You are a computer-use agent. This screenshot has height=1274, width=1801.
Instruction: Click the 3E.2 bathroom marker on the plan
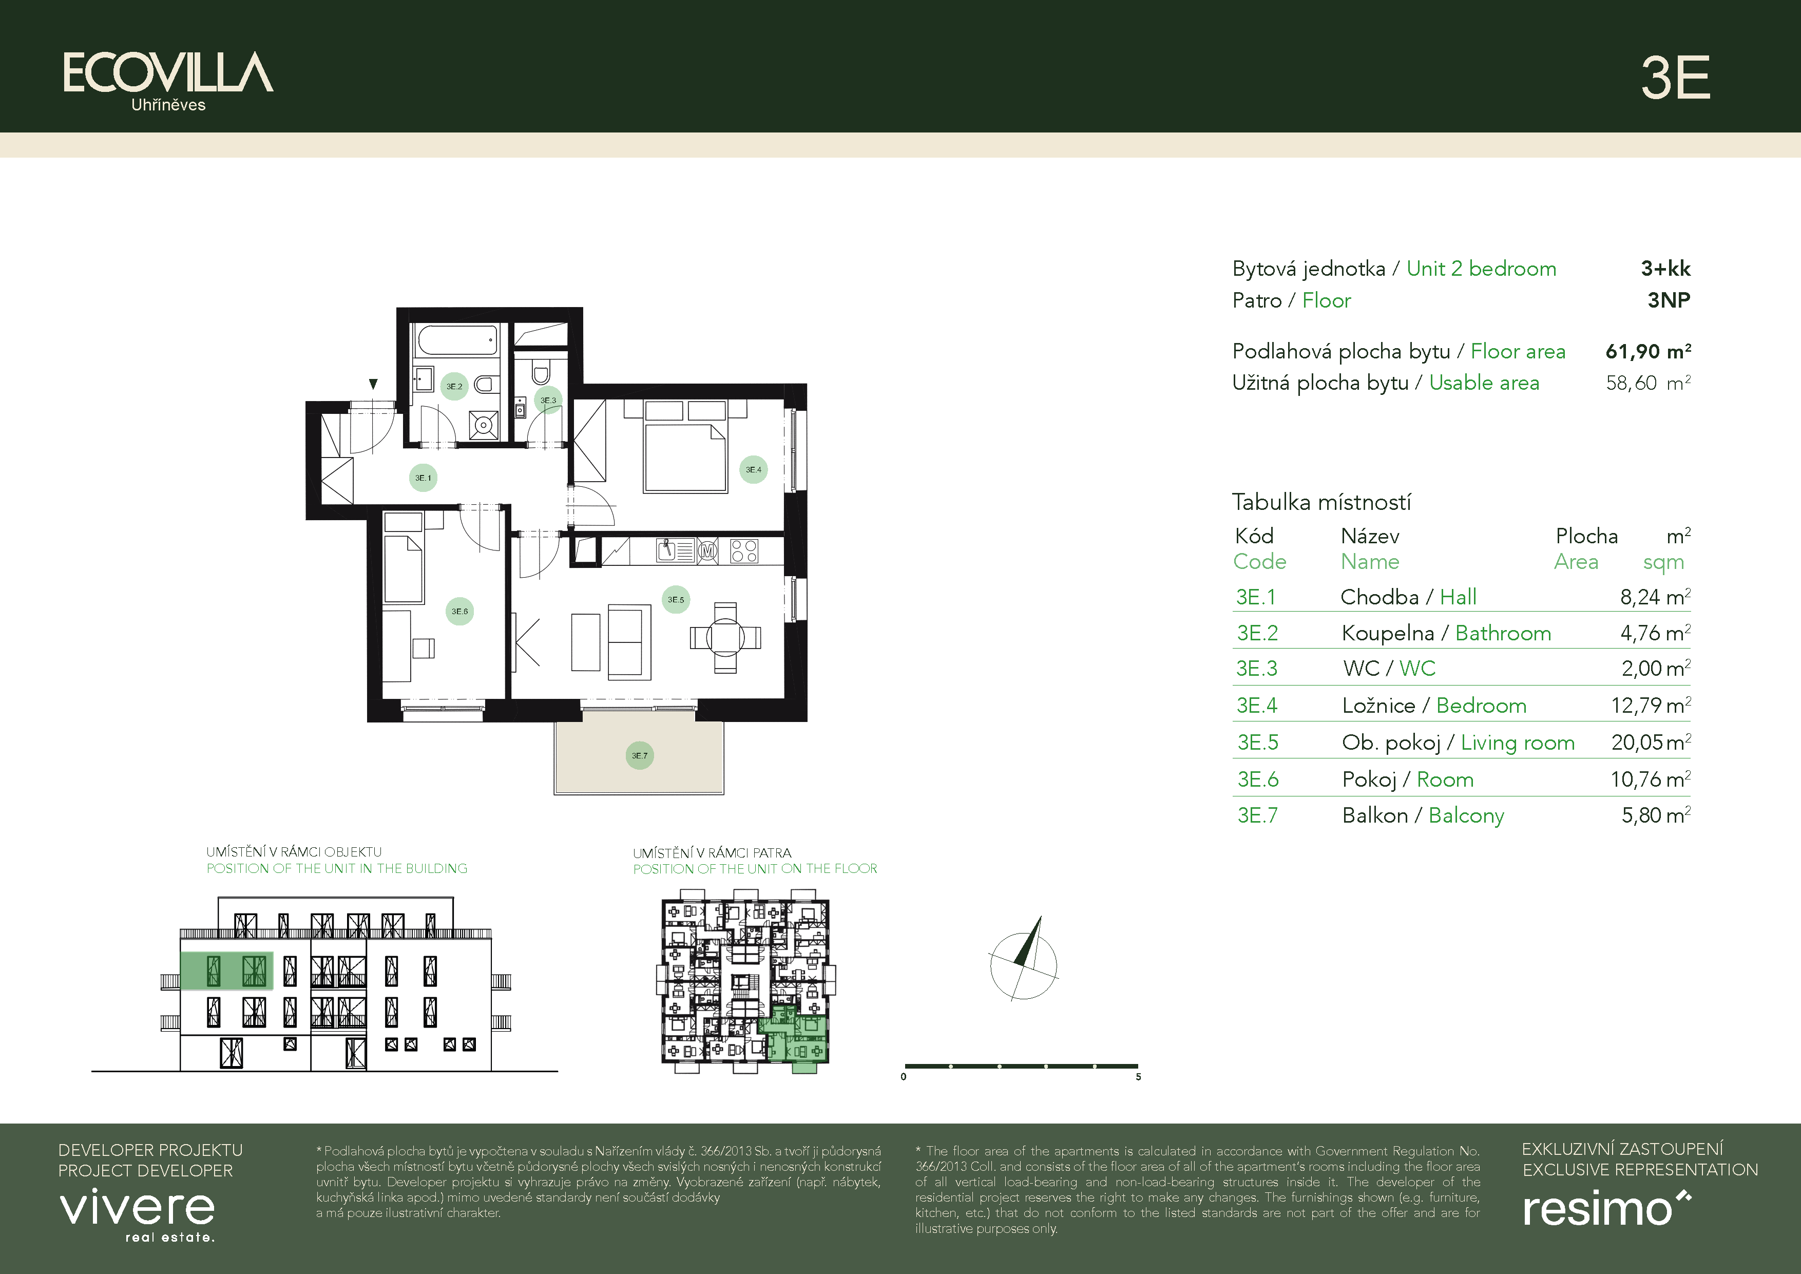pyautogui.click(x=454, y=386)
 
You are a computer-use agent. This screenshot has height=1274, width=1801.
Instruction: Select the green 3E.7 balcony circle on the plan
pyautogui.click(x=639, y=755)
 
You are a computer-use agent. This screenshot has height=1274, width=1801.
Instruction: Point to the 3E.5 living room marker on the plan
pyautogui.click(x=676, y=599)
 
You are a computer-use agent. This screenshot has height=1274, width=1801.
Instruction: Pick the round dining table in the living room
pyautogui.click(x=725, y=637)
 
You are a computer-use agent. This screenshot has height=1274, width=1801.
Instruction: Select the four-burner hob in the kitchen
pyautogui.click(x=743, y=550)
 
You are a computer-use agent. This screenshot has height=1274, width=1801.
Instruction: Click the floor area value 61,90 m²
pyautogui.click(x=1648, y=351)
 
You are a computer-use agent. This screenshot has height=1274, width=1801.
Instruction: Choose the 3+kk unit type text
pyautogui.click(x=1665, y=268)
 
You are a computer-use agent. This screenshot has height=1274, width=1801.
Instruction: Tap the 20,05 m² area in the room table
pyautogui.click(x=1651, y=741)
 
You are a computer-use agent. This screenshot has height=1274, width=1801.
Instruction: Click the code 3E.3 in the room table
pyautogui.click(x=1257, y=669)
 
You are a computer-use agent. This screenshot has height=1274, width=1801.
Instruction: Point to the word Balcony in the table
pyautogui.click(x=1466, y=816)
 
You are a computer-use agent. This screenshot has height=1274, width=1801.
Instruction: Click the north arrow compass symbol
pyautogui.click(x=1023, y=960)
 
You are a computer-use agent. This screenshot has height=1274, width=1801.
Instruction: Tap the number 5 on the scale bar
pyautogui.click(x=1138, y=1077)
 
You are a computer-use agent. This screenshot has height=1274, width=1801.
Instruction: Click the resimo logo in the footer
pyautogui.click(x=1606, y=1208)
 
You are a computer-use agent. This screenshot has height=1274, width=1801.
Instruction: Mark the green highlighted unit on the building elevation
pyautogui.click(x=227, y=971)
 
